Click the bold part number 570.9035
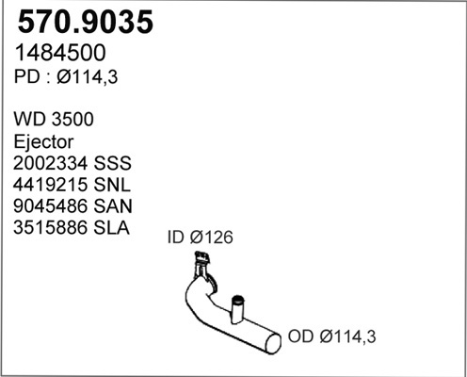pos(86,22)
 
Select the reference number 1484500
pos(60,53)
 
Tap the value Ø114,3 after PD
pos(87,77)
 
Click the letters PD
pos(26,77)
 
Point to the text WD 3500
pos(54,120)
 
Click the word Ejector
pos(43,142)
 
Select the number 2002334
pos(50,163)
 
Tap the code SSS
pos(113,163)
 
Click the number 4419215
pos(50,185)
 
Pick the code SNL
pos(112,185)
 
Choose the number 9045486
pos(50,206)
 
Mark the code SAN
pos(113,206)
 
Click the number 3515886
pos(50,227)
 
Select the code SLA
pos(111,227)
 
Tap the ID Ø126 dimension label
pos(201,238)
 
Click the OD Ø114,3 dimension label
pos(331,336)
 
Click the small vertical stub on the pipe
pos(237,308)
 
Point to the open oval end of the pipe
pos(273,343)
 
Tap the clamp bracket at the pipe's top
pos(201,258)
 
